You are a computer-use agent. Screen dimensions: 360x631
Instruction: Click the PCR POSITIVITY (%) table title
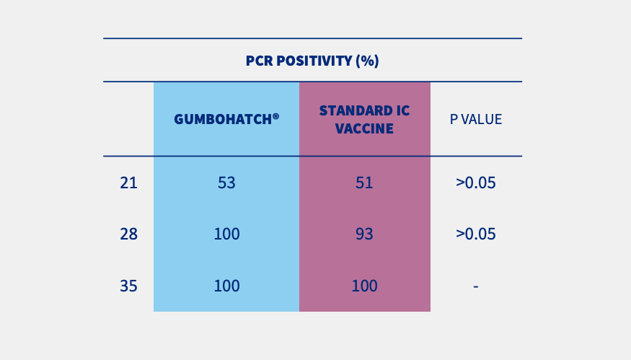point(312,61)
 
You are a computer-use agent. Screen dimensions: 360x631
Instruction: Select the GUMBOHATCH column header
point(226,119)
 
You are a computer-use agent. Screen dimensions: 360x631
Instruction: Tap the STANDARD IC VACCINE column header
point(364,120)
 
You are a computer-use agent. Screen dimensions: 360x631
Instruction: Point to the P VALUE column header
point(476,120)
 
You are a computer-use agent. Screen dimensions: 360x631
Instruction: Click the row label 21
point(128,183)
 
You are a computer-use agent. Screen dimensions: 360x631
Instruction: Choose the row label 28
point(128,234)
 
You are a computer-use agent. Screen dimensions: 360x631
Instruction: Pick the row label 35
point(128,286)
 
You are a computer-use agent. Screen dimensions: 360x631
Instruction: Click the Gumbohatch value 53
point(226,183)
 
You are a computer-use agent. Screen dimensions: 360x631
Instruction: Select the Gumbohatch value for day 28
point(226,234)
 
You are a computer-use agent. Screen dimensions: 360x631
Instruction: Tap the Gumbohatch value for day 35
point(226,286)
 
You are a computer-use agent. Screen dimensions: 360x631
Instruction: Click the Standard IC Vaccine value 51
point(364,183)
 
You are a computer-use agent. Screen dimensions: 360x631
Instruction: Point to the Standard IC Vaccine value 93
point(364,234)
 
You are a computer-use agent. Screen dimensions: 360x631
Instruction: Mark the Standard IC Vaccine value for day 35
point(364,286)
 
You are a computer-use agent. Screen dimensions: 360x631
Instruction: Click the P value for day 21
point(476,183)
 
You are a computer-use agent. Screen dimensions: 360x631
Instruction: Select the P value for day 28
point(476,234)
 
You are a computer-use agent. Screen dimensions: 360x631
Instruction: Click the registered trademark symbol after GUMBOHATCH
point(275,115)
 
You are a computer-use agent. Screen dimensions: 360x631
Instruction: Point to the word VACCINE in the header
point(364,129)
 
